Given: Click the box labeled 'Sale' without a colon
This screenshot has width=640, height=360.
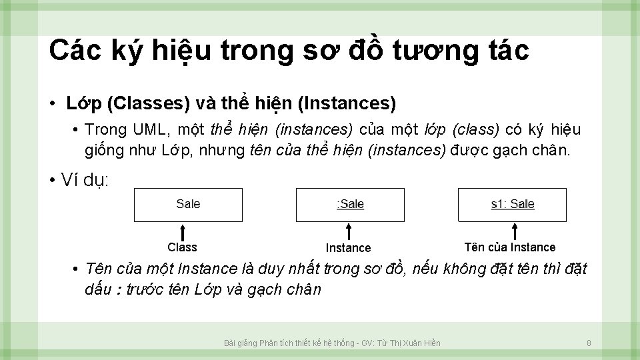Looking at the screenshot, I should pyautogui.click(x=187, y=205).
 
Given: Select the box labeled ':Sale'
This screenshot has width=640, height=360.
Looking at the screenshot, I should pyautogui.click(x=350, y=205).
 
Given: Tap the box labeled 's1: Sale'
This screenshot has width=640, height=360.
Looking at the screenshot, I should pyautogui.click(x=512, y=205).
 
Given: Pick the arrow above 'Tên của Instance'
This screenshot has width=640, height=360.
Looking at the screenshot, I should pyautogui.click(x=513, y=231).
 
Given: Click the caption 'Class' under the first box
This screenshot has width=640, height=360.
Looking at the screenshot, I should pyautogui.click(x=182, y=247).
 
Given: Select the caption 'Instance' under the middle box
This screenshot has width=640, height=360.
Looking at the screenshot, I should pyautogui.click(x=348, y=248).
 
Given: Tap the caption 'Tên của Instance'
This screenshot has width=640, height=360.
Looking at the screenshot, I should pyautogui.click(x=509, y=247).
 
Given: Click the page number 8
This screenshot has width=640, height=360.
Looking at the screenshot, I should pyautogui.click(x=589, y=343).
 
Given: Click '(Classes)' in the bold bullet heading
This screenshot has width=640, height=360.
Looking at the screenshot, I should pyautogui.click(x=148, y=103).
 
